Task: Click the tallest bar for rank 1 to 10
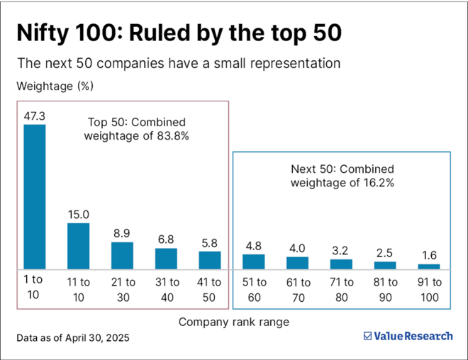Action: pyautogui.click(x=35, y=196)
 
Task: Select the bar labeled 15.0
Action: pyautogui.click(x=78, y=246)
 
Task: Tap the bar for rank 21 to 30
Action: pyautogui.click(x=122, y=255)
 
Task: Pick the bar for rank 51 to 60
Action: pyautogui.click(x=253, y=261)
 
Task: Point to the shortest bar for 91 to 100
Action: pyautogui.click(x=428, y=266)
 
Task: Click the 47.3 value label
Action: pyautogui.click(x=35, y=116)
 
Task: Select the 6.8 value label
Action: pyautogui.click(x=166, y=239)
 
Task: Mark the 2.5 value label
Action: pyautogui.click(x=384, y=252)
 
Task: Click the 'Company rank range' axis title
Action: pyautogui.click(x=233, y=322)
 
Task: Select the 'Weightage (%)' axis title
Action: pyautogui.click(x=55, y=86)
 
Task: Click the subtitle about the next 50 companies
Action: pyautogui.click(x=179, y=63)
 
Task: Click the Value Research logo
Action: pyautogui.click(x=407, y=337)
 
